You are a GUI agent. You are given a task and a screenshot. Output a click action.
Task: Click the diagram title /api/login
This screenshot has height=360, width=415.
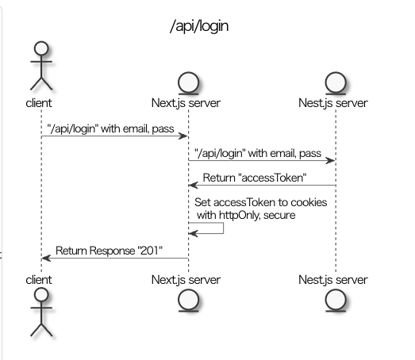[x=199, y=26]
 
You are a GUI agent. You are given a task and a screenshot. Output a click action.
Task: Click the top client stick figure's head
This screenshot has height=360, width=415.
[x=41, y=48]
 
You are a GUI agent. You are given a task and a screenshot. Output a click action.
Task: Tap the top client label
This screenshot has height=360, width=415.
[x=39, y=103]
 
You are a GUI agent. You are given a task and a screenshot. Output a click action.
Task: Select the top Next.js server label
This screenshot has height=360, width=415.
[x=186, y=103]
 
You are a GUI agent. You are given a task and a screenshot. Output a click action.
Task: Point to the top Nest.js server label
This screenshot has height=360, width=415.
[x=333, y=103]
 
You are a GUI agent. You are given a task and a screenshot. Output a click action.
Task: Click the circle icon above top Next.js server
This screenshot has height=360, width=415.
[x=188, y=82]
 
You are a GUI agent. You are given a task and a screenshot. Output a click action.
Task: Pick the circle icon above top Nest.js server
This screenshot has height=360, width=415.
[x=336, y=82]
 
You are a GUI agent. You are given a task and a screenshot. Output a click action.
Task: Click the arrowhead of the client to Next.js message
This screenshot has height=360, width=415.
[x=183, y=136]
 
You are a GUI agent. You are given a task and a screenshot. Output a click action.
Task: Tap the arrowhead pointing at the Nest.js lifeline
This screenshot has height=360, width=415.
[x=330, y=160]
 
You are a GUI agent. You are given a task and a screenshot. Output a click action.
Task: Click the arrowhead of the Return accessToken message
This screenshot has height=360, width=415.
[x=194, y=186]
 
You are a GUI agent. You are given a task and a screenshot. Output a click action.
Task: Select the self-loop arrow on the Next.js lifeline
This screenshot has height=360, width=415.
[x=223, y=228]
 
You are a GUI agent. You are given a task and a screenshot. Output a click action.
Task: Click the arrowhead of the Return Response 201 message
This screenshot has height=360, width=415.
[x=46, y=258]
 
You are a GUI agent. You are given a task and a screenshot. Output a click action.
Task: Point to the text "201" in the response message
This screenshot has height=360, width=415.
[x=150, y=251]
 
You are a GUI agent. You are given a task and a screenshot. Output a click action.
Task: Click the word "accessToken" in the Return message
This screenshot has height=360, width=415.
[x=272, y=178]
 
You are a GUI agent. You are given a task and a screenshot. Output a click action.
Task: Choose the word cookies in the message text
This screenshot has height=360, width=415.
[x=309, y=202]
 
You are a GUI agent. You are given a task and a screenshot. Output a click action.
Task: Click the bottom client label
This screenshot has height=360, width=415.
[x=39, y=280]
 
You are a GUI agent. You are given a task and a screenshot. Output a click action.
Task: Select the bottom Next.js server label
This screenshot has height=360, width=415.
[x=186, y=280]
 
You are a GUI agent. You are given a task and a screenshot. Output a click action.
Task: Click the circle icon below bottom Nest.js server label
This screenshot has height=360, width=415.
[x=336, y=301]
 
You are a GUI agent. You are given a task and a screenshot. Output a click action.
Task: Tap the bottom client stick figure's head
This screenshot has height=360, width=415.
[x=41, y=294]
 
